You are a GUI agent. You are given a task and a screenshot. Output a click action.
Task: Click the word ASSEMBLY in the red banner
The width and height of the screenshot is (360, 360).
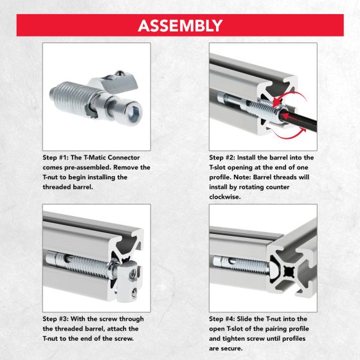click(179, 26)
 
